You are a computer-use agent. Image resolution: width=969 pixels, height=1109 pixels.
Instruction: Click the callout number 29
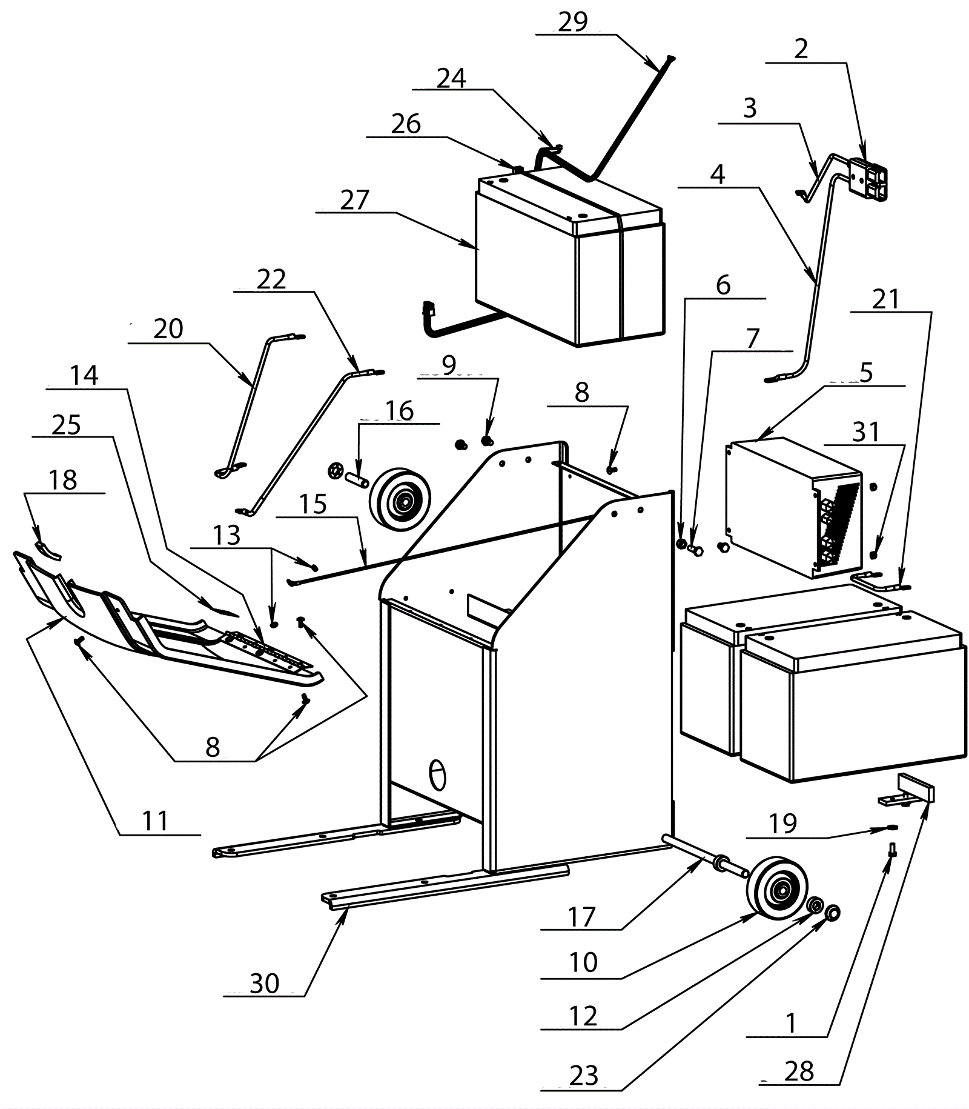[572, 22]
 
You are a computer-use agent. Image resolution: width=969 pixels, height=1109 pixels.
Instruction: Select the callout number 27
[354, 200]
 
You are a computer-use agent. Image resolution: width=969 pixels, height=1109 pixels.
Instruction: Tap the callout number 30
[264, 983]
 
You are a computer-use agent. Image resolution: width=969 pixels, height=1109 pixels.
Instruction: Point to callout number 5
[866, 373]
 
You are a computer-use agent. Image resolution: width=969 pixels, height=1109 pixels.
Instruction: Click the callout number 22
[271, 279]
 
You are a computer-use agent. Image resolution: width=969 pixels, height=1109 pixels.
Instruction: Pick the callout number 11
[155, 821]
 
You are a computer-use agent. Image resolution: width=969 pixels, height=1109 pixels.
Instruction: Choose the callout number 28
[799, 1071]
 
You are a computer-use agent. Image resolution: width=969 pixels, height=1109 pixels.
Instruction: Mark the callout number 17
[581, 917]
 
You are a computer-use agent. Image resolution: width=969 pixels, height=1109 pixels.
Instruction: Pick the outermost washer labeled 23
[832, 912]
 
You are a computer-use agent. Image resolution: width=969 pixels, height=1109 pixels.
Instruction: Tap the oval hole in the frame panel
[437, 775]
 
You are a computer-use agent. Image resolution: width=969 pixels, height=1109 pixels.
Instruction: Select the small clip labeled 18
[47, 549]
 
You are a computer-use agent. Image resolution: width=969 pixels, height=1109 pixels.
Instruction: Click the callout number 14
[84, 376]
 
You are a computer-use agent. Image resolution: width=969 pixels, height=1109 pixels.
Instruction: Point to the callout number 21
[885, 299]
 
